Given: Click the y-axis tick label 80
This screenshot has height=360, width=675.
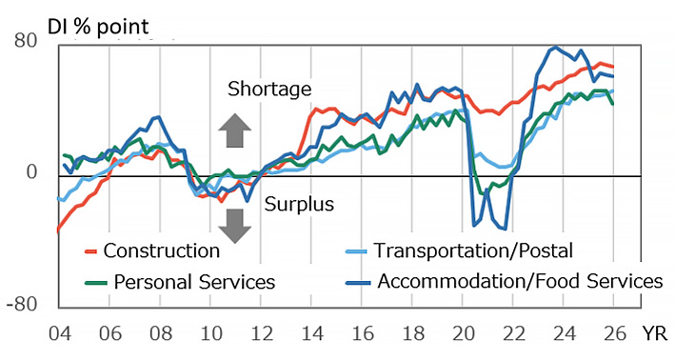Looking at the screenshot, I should pos(26,41).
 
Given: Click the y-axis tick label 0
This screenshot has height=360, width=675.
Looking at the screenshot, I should pos(31,173).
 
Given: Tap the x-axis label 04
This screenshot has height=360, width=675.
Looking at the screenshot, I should pos(58,335).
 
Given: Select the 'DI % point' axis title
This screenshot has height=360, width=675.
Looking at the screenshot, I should pos(79,17).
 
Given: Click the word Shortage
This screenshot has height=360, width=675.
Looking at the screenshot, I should pos(269,90).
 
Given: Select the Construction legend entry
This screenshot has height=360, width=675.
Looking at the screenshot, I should pos(152,251).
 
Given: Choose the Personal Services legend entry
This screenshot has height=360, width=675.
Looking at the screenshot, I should pos(181,282).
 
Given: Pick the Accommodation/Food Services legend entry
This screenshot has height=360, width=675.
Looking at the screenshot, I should pos(505,282).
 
